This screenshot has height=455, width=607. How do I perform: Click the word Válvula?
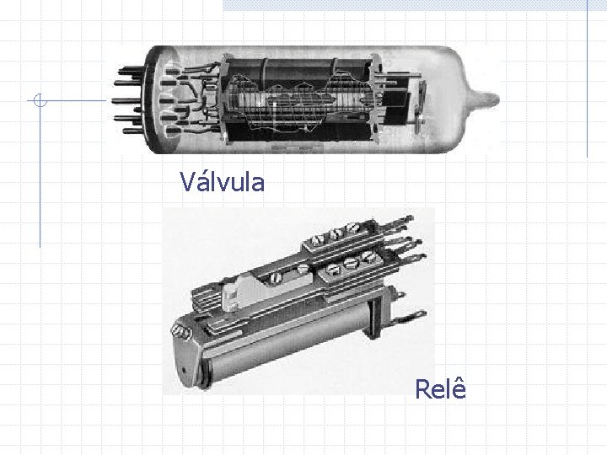click(223, 181)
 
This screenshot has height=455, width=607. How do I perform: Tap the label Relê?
click(441, 388)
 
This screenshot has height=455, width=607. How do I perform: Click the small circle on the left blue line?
click(40, 100)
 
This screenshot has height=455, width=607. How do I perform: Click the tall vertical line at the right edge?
click(588, 78)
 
